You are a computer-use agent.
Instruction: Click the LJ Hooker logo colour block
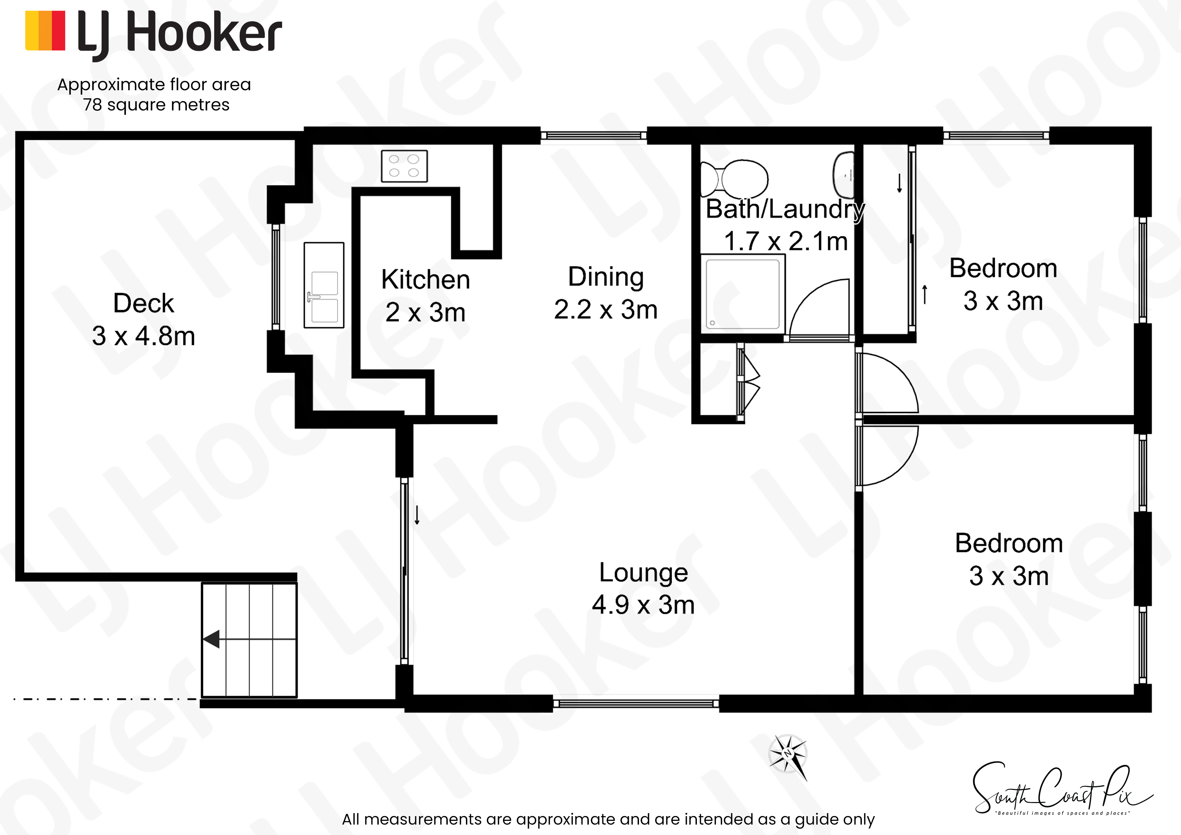click(x=45, y=31)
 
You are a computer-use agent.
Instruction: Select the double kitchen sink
click(x=324, y=285)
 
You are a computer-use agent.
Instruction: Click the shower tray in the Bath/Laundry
click(x=743, y=294)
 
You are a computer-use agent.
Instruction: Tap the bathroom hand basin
click(x=844, y=175)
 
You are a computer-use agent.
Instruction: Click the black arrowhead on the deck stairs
click(x=211, y=639)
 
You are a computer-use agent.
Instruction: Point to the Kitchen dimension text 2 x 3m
click(x=426, y=312)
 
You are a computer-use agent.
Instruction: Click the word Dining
click(x=606, y=277)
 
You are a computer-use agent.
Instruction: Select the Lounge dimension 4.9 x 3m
click(x=643, y=605)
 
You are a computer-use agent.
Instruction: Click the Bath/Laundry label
click(x=785, y=209)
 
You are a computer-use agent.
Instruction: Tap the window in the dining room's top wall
click(x=594, y=136)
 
